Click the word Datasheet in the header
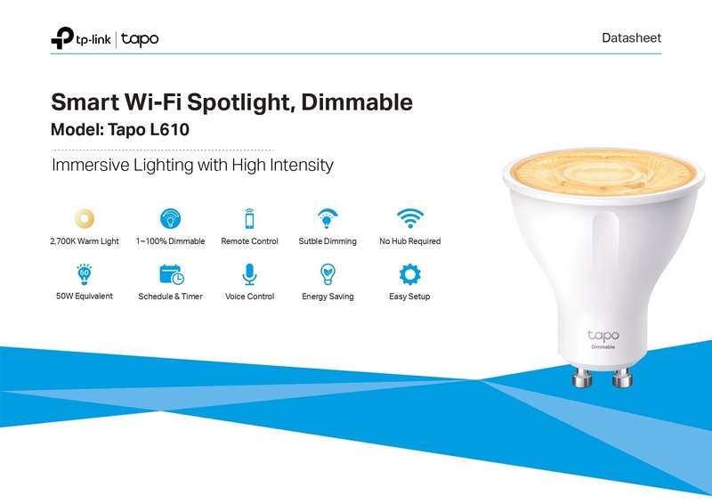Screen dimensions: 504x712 click(631, 38)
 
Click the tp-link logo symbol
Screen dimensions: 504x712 click(63, 38)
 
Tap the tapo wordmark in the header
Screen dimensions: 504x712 click(141, 39)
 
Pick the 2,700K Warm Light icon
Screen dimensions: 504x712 click(85, 218)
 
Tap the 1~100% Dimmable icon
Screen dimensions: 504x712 click(170, 218)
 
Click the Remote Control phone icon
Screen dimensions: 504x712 click(249, 218)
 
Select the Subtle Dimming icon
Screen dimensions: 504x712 click(328, 218)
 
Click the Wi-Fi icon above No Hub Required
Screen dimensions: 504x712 click(409, 218)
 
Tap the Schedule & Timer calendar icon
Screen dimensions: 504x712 click(170, 273)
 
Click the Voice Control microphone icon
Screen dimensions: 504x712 click(249, 273)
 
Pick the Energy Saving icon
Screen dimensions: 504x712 click(328, 273)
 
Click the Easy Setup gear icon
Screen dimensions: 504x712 click(409, 273)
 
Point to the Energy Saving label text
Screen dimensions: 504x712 click(328, 297)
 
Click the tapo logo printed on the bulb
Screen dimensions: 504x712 click(603, 336)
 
